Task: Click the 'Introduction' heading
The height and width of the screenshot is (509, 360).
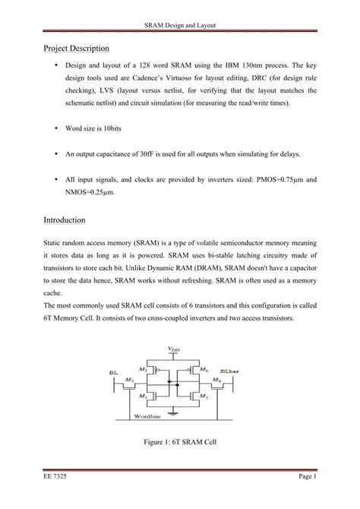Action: [66, 220]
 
